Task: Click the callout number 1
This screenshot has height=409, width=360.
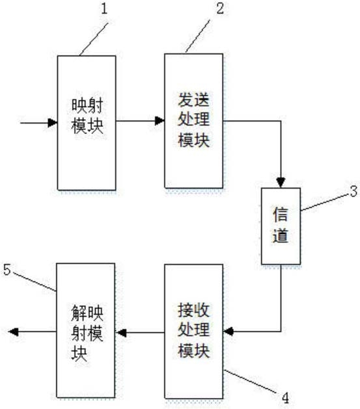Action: [104, 8]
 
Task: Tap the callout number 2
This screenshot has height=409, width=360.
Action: [220, 8]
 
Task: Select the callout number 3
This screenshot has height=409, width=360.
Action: [353, 191]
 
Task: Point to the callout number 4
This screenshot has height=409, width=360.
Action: [285, 398]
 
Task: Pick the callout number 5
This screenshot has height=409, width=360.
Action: [7, 269]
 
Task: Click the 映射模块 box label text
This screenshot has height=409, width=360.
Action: [87, 116]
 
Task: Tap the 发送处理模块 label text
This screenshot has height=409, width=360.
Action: [194, 120]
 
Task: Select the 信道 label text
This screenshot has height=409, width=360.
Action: [281, 225]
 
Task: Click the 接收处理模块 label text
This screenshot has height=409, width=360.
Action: [194, 330]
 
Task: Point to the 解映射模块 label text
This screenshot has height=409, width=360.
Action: [87, 333]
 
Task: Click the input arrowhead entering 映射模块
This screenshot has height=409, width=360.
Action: [53, 123]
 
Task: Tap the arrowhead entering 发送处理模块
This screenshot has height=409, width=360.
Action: [159, 121]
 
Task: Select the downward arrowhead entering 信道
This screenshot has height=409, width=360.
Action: [281, 183]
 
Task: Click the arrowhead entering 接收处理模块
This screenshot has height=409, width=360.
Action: [228, 332]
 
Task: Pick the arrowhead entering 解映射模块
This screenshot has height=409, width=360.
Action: [120, 332]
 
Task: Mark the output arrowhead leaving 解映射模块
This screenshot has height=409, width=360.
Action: [13, 332]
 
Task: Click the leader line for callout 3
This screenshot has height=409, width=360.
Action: [325, 203]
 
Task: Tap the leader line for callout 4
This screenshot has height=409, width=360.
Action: [251, 381]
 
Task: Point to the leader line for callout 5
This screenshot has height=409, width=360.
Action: [35, 282]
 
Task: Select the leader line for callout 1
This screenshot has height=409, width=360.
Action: [94, 39]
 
